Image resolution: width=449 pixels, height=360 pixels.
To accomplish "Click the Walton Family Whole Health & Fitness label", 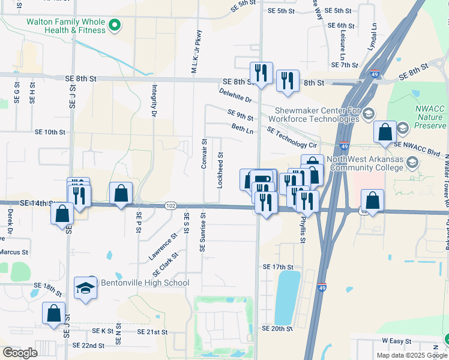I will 65,26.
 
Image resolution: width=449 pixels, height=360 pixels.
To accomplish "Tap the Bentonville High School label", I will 145,283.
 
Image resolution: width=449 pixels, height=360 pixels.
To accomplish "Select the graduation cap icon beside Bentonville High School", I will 85,288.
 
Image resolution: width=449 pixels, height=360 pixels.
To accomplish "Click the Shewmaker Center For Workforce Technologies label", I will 318,115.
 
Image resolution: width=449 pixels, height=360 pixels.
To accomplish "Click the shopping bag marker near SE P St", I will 121,193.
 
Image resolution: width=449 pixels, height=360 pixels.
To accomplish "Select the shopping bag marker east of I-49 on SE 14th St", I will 373,201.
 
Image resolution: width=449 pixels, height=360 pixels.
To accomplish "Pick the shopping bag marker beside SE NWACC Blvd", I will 384,132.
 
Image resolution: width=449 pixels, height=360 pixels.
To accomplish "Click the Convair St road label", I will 204,154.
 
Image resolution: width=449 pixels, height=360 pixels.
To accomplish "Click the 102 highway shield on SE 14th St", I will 171,206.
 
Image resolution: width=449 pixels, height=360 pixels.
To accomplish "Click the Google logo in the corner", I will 20,353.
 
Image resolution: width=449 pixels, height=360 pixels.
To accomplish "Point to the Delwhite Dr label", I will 235,95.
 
